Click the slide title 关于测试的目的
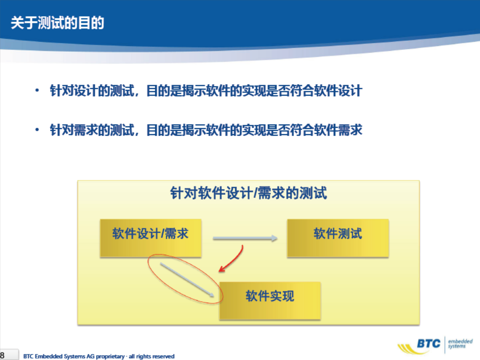[58, 23]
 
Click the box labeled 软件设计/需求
[151, 238]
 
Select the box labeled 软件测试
[338, 238]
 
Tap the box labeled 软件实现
[270, 301]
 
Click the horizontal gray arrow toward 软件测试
[245, 238]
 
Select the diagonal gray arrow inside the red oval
[187, 280]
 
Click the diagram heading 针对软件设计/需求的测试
[249, 193]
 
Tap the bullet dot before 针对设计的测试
[37, 91]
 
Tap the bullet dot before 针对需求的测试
[37, 130]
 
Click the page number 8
[2, 356]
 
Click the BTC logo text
[429, 344]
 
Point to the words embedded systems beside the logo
[460, 344]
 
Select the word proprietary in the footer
[110, 356]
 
